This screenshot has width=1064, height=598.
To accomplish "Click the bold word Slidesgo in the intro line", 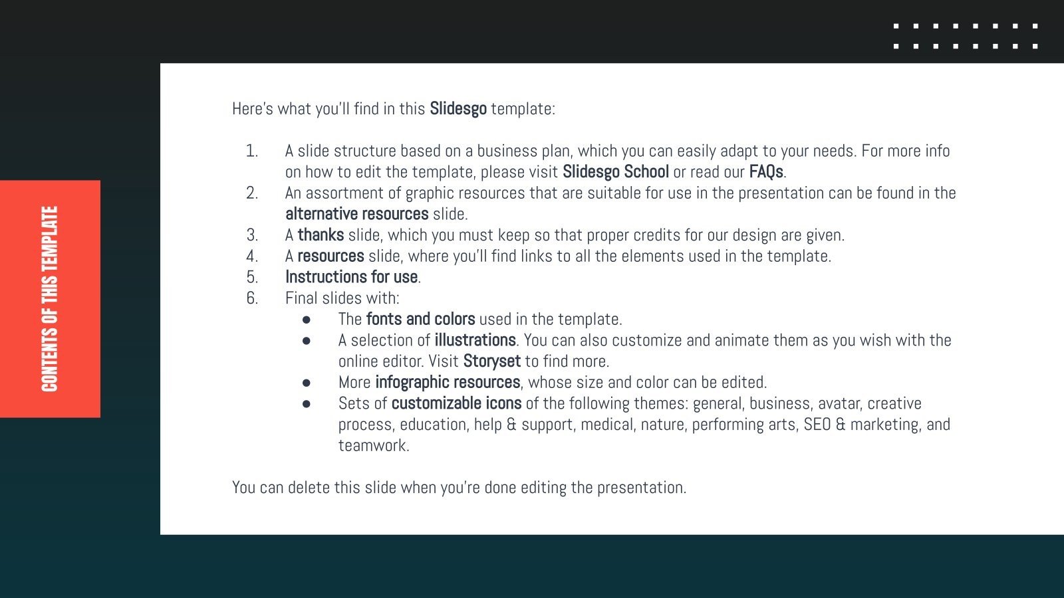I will (x=458, y=108).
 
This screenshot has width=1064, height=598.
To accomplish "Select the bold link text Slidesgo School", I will (x=615, y=171).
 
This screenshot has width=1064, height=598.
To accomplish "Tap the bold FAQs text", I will (x=766, y=171).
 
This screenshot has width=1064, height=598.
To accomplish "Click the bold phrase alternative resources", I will (x=357, y=214).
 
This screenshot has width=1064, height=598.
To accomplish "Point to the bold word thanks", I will (x=321, y=235).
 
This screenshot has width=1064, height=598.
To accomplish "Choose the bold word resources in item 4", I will (x=331, y=256).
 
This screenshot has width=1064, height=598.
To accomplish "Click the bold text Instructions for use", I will (x=351, y=277).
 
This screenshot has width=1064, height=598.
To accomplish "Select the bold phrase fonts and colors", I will (x=420, y=319).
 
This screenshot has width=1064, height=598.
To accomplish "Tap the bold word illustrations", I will (x=475, y=340).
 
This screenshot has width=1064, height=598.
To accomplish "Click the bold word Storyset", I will (x=491, y=361).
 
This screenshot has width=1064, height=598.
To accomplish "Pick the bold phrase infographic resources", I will (x=448, y=382).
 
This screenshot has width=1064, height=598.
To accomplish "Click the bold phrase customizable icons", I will (x=456, y=403).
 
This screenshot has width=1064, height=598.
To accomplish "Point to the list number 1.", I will (x=251, y=151).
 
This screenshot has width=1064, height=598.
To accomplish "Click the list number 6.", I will (x=251, y=298).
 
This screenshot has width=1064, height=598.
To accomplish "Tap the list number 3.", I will (x=251, y=235).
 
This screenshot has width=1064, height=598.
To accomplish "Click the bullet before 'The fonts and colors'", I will (x=306, y=320).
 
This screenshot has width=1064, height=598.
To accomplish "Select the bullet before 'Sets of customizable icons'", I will (x=306, y=403).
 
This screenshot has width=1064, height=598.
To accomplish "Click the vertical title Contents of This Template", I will (x=50, y=299).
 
